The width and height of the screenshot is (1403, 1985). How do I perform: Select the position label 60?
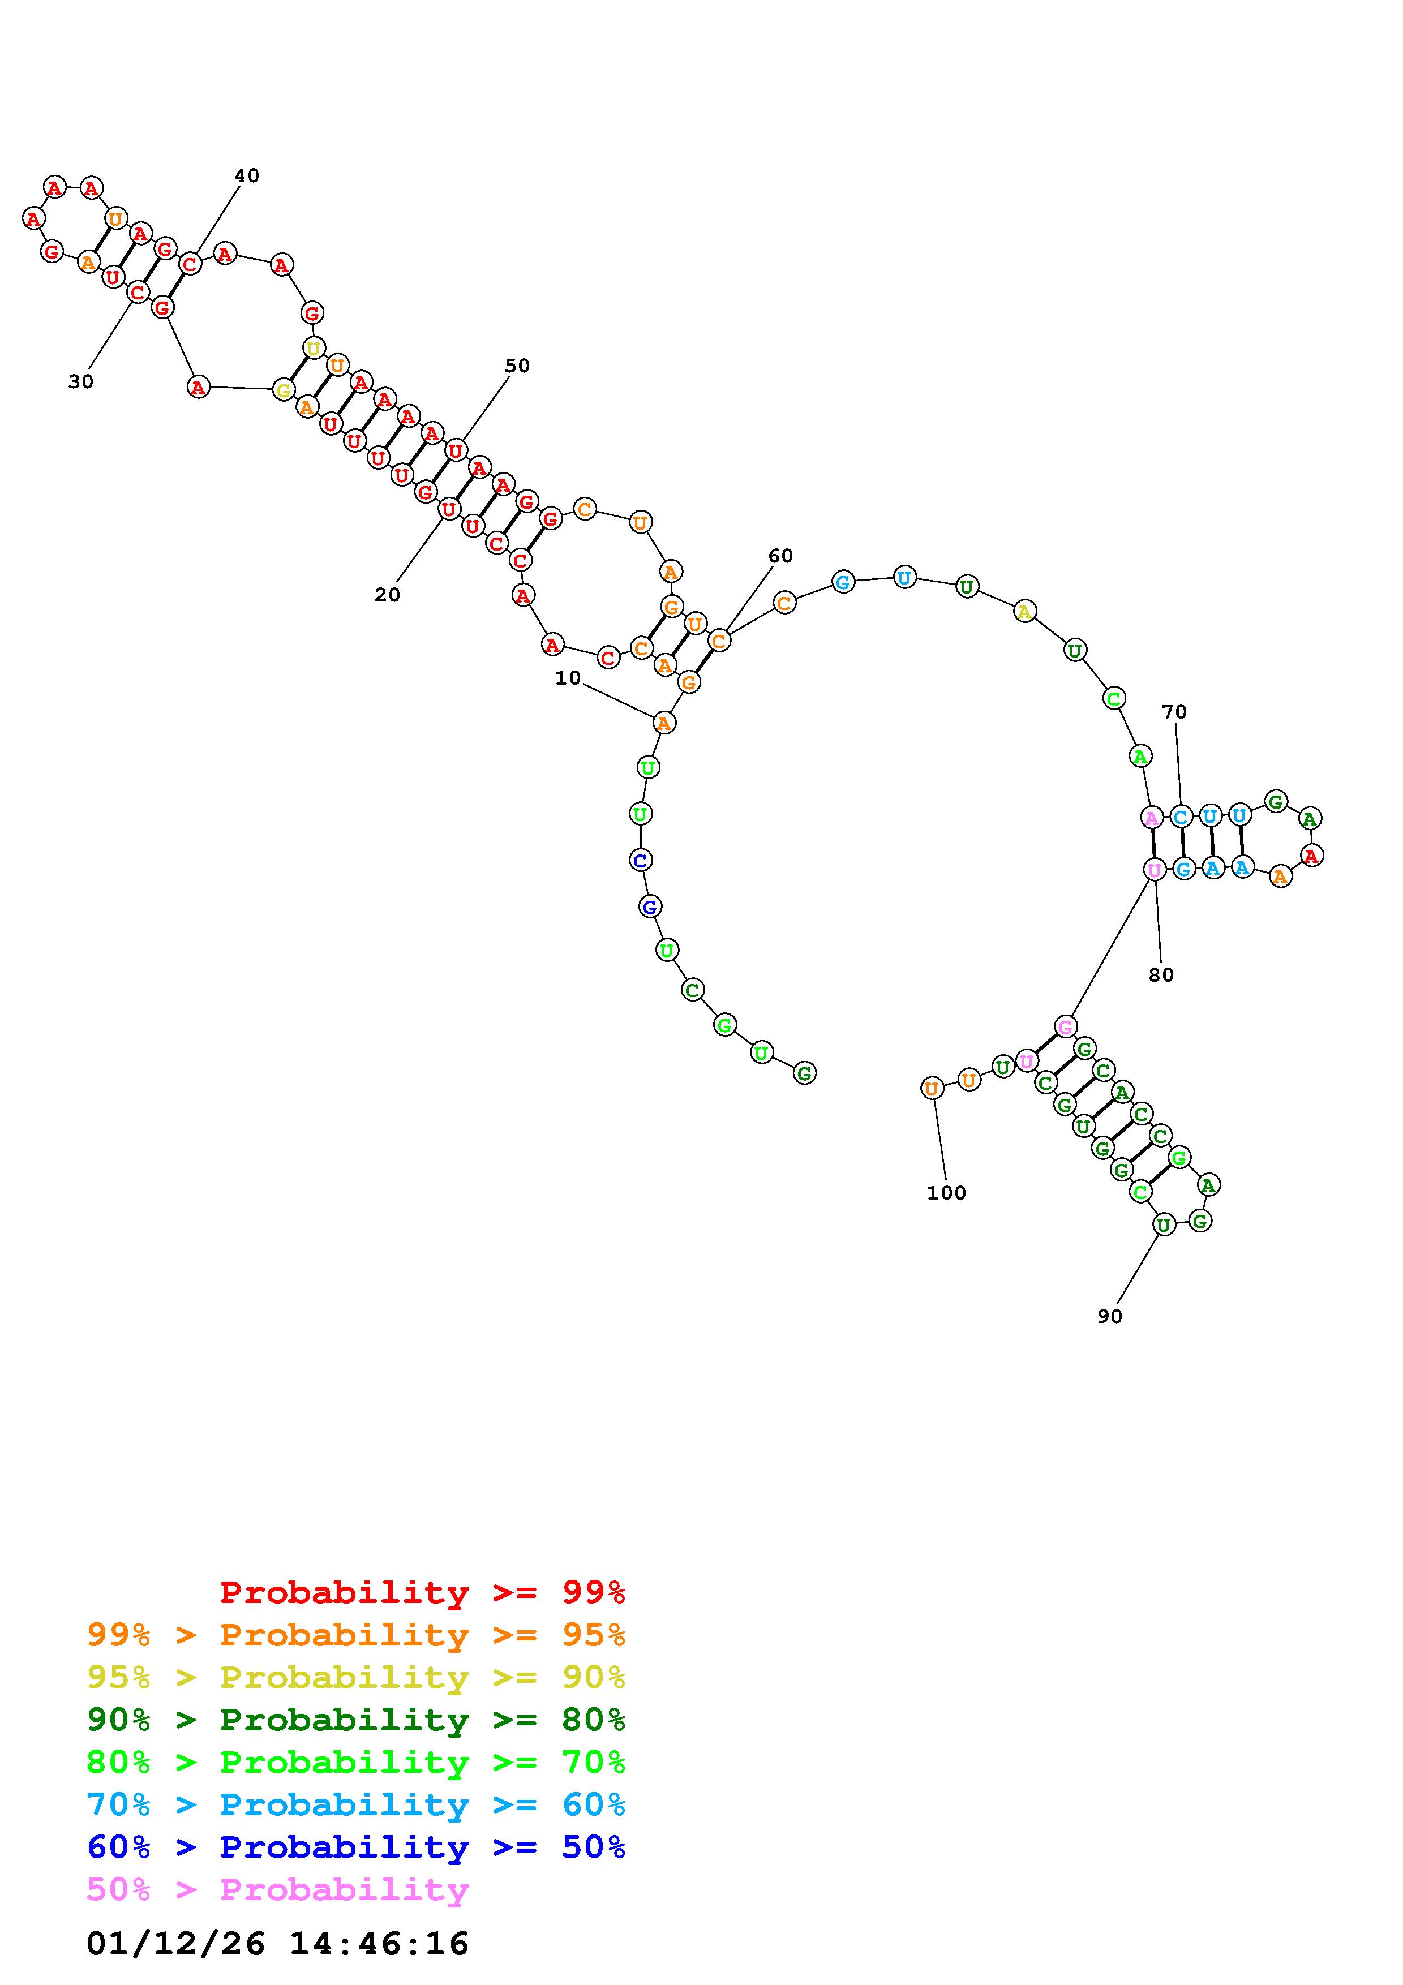pos(780,556)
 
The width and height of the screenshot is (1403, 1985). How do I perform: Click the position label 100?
pos(947,1193)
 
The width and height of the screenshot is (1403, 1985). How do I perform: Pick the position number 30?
pos(80,381)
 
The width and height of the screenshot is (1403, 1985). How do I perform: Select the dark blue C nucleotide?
pos(640,860)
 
